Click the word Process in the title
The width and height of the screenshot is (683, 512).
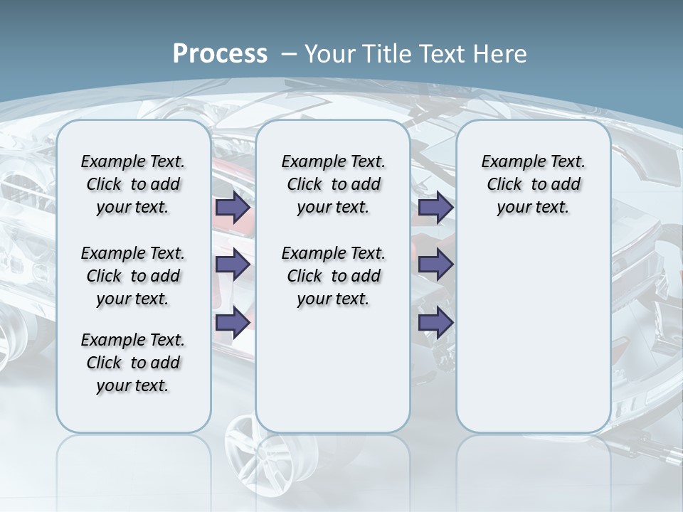pyautogui.click(x=220, y=54)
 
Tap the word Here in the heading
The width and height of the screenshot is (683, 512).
pyautogui.click(x=501, y=54)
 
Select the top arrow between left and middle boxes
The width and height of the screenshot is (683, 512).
pyautogui.click(x=233, y=208)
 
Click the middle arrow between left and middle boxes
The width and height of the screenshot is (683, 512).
pyautogui.click(x=233, y=265)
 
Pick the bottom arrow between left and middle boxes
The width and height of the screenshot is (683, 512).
pyautogui.click(x=233, y=322)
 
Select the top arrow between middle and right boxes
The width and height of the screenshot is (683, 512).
pyautogui.click(x=436, y=208)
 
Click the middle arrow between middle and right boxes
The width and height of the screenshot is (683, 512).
pyautogui.click(x=436, y=265)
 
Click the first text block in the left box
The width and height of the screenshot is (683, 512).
pyautogui.click(x=133, y=185)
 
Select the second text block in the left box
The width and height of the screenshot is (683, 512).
pyautogui.click(x=133, y=276)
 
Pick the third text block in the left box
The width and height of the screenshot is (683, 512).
pyautogui.click(x=133, y=363)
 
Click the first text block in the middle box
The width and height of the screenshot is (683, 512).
pyautogui.click(x=333, y=185)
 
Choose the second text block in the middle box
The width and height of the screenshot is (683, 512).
pyautogui.click(x=333, y=276)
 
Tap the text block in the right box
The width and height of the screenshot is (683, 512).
pyautogui.click(x=533, y=185)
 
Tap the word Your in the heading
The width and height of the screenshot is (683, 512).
pyautogui.click(x=330, y=54)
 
